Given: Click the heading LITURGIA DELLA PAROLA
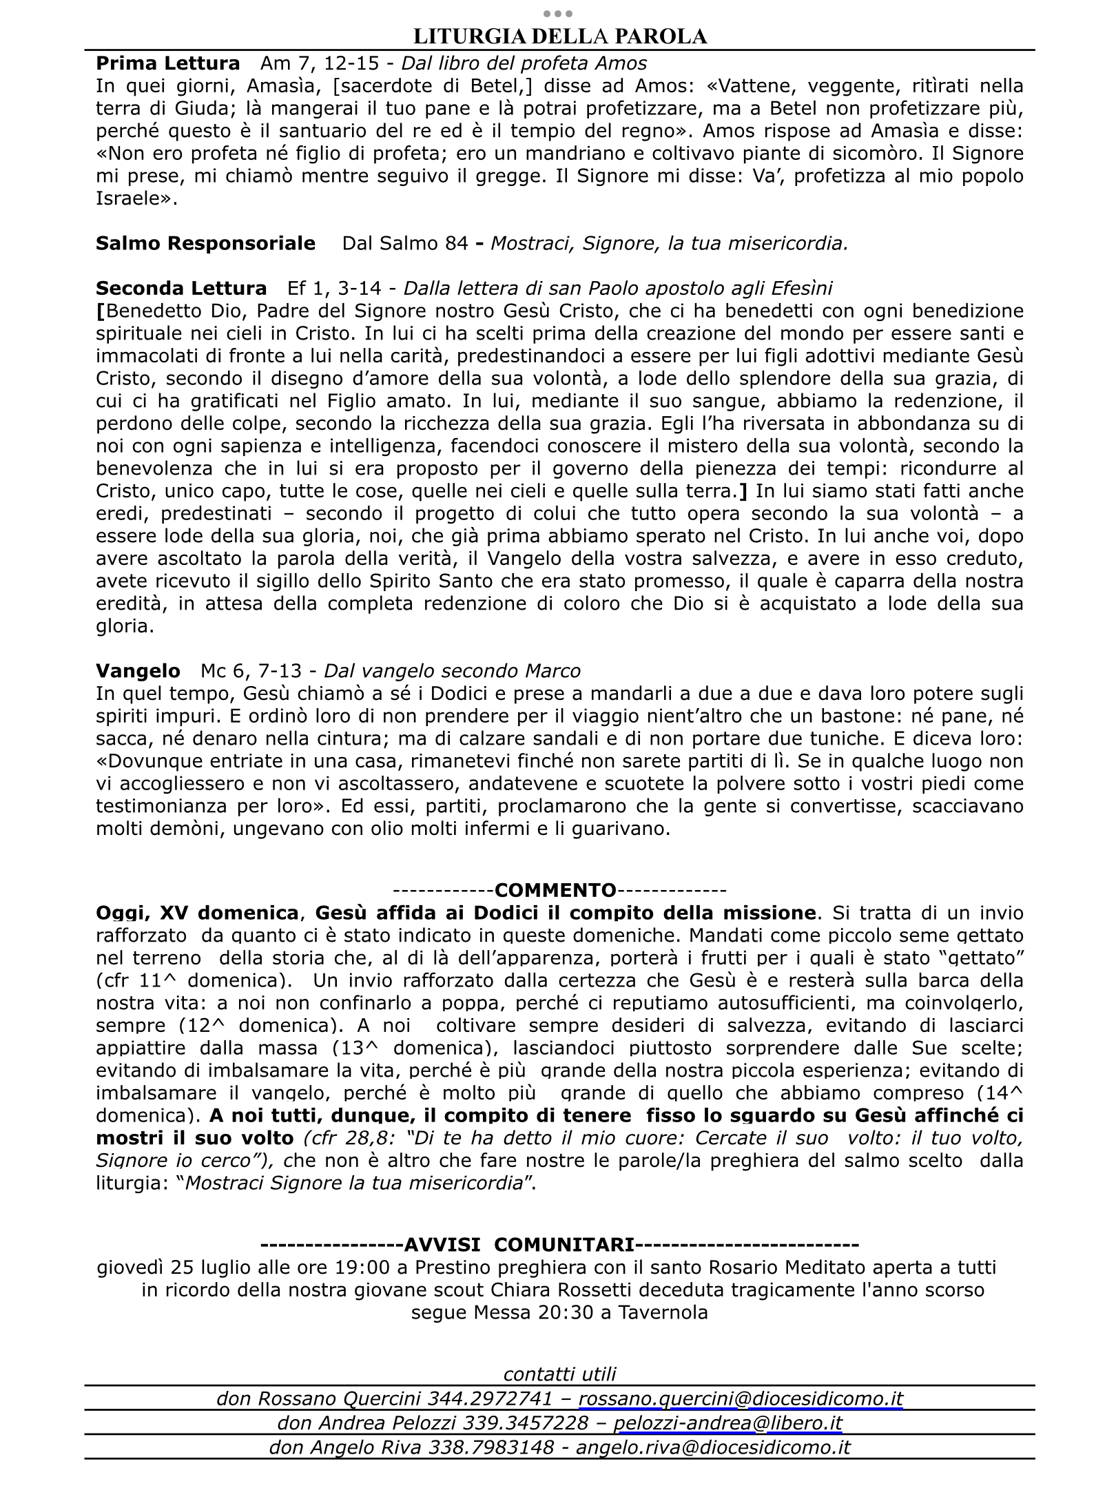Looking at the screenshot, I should (559, 36).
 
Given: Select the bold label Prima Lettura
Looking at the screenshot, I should (167, 63).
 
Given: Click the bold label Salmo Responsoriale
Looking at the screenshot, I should (205, 243).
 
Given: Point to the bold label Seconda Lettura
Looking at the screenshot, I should (181, 288).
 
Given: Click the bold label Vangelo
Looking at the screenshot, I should (138, 670).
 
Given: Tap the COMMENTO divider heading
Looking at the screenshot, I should (555, 890).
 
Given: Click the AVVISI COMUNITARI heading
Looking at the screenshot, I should (519, 1245).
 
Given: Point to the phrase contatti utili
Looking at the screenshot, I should (559, 1374).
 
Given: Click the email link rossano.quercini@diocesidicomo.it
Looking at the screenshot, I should (741, 1398).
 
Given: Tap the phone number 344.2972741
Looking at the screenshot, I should (490, 1398).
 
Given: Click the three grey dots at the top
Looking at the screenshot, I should (558, 13).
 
